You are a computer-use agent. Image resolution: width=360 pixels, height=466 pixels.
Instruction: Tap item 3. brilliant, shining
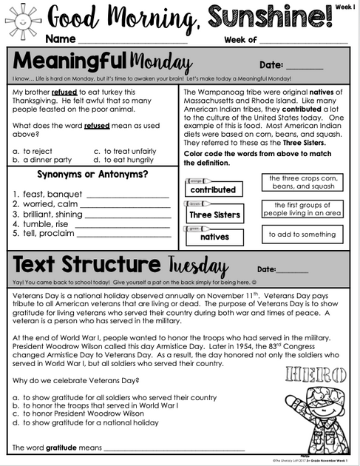pos(48,215)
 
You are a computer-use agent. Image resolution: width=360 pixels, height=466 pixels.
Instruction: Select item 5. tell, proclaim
pos(42,234)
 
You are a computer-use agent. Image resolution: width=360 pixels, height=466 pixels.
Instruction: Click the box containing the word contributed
pos(213,189)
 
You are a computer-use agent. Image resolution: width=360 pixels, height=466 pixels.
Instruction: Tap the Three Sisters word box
pos(214,215)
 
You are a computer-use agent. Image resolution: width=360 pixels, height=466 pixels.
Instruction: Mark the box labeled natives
pos(214,237)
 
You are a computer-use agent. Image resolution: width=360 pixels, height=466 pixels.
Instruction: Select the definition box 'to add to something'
pos(302,234)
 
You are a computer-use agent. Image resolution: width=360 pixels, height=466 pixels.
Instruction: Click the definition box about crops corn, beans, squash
pos(302,182)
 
